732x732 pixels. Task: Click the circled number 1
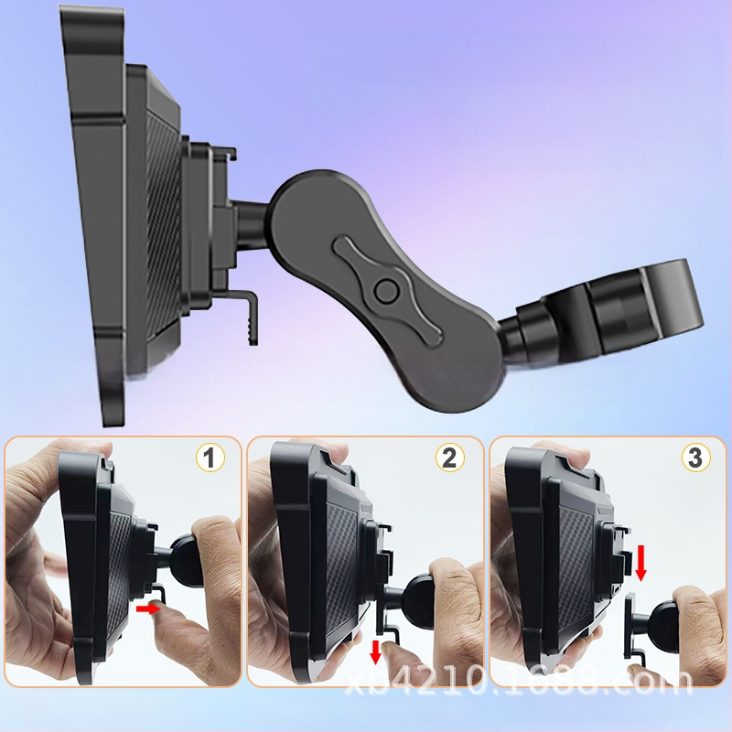tap(210, 457)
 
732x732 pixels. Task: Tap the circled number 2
tap(450, 457)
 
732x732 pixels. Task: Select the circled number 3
tap(695, 457)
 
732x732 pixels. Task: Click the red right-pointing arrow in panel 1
tap(147, 608)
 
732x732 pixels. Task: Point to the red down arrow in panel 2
tap(376, 652)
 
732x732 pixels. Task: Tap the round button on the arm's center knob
tap(386, 291)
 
